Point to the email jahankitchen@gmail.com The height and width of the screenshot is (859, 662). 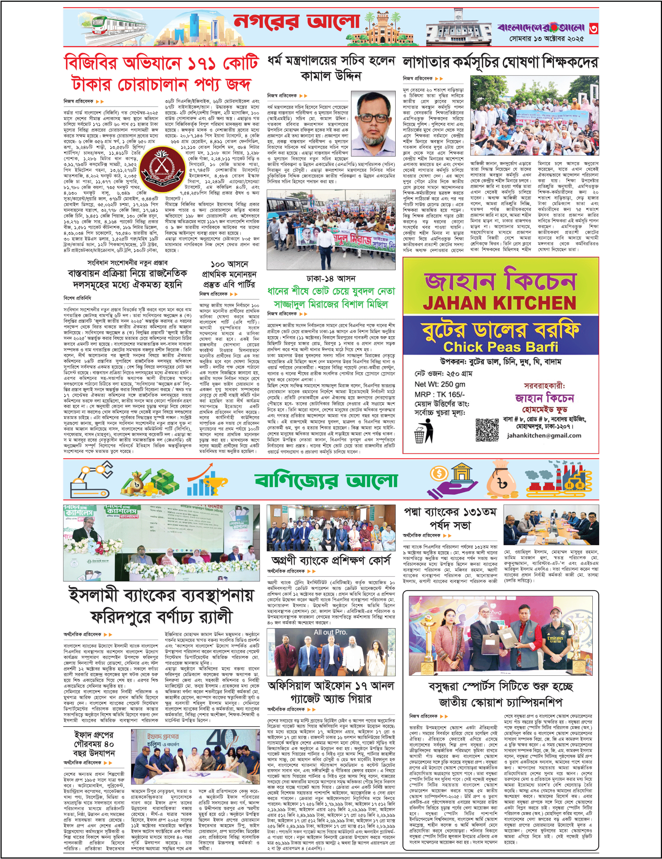(544, 436)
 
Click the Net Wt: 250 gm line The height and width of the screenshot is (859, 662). (439, 384)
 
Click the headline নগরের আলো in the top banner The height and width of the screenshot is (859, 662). (297, 23)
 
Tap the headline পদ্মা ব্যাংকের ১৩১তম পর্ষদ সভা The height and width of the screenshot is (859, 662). (450, 518)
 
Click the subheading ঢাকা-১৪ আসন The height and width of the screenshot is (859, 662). (331, 278)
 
